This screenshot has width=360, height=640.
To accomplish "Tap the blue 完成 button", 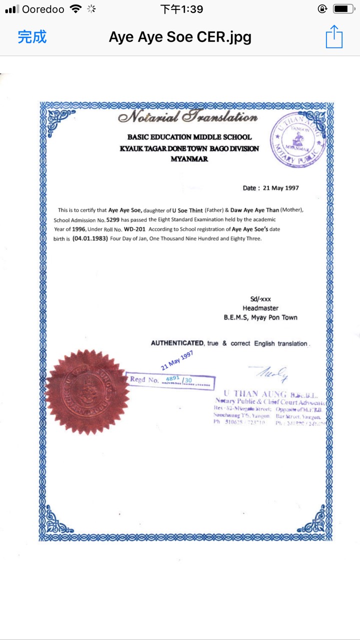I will tap(32, 37).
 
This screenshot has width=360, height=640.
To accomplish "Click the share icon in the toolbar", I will tap(334, 37).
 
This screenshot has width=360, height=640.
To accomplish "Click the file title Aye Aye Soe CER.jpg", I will tap(180, 37).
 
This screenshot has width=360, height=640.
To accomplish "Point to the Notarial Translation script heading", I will tap(187, 117).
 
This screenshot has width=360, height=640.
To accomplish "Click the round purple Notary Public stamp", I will tap(298, 137).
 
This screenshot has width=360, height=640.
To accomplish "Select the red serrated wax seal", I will tap(87, 391).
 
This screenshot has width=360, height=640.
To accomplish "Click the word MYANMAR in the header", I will tap(189, 159).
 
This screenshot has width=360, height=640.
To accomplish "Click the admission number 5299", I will tap(113, 219).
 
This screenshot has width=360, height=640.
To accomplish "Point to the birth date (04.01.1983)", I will tap(90, 238).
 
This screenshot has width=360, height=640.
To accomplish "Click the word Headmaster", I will tap(260, 308).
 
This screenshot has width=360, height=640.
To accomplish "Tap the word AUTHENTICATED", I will tap(177, 343).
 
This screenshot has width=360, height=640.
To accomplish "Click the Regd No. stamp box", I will tap(170, 380).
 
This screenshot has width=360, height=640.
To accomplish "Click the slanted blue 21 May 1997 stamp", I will tap(177, 360).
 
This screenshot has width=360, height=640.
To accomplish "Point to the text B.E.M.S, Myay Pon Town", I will tap(260, 317).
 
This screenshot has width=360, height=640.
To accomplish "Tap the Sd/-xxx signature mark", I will tap(260, 299).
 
